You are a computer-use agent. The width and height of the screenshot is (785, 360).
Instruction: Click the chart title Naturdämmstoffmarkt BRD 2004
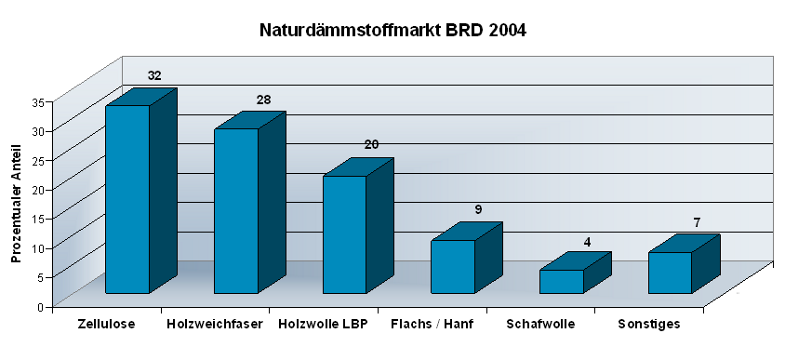pos(392,31)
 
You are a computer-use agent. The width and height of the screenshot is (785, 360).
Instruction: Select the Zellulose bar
pos(127,199)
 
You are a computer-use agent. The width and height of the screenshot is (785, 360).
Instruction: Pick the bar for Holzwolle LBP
pos(344,234)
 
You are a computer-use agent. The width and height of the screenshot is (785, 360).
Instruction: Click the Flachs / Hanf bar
pos(453,266)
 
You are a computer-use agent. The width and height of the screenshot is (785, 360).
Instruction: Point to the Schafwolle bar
pos(562,281)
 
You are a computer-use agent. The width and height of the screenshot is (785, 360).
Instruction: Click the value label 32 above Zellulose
pos(154,75)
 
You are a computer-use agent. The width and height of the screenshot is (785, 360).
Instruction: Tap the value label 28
pos(263,100)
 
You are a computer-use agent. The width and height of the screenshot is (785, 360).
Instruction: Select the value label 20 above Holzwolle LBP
pos(371,144)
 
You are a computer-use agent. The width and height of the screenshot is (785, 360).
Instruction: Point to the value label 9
pos(478,209)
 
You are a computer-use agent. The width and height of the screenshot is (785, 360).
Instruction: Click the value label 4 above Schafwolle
pos(587,242)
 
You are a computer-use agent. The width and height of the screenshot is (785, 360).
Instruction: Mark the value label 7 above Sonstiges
pos(696,222)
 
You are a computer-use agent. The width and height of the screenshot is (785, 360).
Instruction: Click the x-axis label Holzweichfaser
pos(215,324)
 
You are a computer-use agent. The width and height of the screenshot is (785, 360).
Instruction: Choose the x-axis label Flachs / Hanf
pos(432,324)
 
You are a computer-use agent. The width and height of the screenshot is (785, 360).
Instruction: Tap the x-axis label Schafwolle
pos(540,324)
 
